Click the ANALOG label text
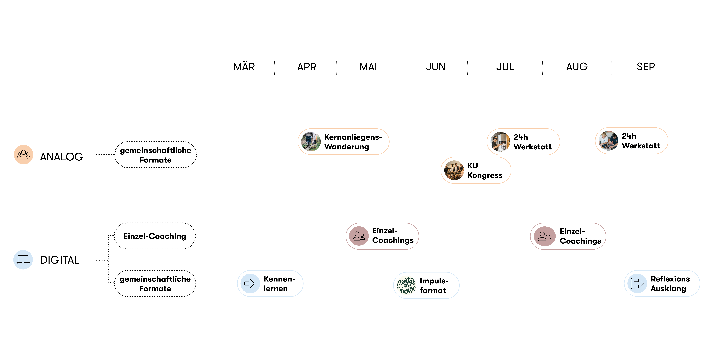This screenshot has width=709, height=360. click(62, 157)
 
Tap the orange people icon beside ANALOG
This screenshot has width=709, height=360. click(24, 155)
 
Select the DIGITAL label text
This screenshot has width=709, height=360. click(60, 260)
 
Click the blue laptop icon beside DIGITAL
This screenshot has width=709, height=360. click(23, 260)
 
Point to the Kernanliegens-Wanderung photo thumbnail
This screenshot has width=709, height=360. click(311, 141)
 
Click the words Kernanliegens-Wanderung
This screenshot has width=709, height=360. click(353, 142)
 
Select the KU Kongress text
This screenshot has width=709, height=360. click(485, 170)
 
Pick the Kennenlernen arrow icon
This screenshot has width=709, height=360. click(250, 283)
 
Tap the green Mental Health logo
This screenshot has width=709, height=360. click(406, 285)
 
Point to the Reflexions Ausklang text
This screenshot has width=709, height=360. click(670, 283)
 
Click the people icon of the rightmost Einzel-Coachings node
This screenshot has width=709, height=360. click(544, 236)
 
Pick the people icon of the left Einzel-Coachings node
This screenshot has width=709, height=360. click(359, 236)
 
